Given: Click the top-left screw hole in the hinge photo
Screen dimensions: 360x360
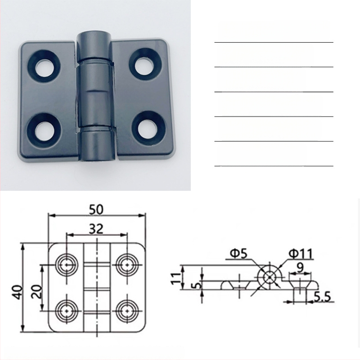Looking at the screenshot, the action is coord(44,66).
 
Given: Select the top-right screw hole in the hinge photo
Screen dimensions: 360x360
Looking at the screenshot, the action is coord(144,64).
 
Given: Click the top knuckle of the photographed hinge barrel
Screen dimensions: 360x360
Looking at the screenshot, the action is coord(94,46).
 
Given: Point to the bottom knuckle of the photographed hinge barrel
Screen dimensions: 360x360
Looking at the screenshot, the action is coord(97,144).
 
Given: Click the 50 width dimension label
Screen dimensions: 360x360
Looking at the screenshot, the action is coord(96,209).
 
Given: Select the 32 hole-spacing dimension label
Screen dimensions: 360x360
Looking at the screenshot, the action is coord(96,229).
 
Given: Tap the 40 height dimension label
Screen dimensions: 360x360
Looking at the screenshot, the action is coord(18,292).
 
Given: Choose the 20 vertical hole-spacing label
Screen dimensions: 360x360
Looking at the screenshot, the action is coord(37,291).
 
